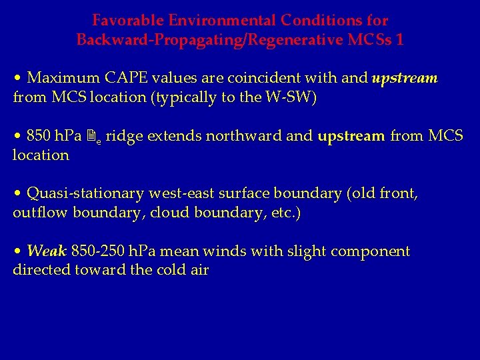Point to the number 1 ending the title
point(399,40)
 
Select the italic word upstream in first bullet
point(404,78)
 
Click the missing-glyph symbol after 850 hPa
point(94,136)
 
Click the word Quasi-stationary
point(85,194)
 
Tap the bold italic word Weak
point(47,251)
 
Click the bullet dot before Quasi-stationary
point(17,194)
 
